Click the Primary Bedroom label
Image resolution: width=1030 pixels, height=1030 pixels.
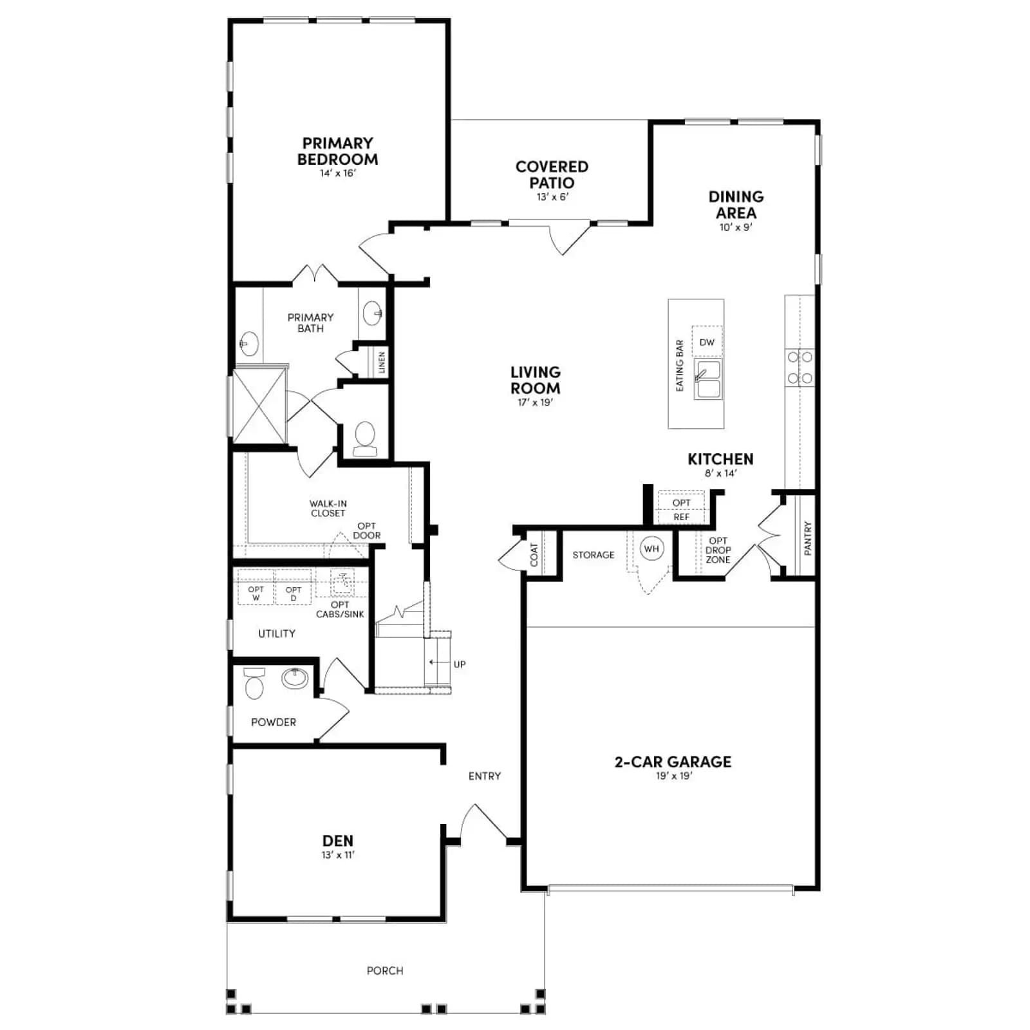[337, 151]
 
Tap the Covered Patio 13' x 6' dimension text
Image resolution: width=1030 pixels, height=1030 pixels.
[552, 197]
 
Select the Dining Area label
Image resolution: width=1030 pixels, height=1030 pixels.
[736, 205]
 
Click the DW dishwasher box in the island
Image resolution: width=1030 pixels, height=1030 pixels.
[707, 342]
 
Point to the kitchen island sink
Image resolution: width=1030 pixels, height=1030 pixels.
[708, 379]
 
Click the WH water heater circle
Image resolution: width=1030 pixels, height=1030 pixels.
[651, 549]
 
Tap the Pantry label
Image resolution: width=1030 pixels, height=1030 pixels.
[808, 538]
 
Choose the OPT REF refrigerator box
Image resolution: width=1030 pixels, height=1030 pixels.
[681, 509]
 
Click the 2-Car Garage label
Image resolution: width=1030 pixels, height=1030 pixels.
[673, 762]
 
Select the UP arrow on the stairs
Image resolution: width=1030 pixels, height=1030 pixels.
[438, 662]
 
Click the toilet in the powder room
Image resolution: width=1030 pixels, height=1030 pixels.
[254, 683]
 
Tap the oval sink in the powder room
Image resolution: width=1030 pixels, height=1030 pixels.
[295, 678]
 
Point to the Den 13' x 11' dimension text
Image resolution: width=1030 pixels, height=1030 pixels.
[338, 855]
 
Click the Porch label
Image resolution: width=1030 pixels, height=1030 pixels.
[385, 970]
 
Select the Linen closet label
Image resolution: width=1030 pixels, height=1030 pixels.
[382, 362]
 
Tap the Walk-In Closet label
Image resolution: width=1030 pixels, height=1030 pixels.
[328, 509]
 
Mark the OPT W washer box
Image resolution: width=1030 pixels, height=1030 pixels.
[256, 587]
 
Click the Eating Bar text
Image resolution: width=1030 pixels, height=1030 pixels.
[680, 366]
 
